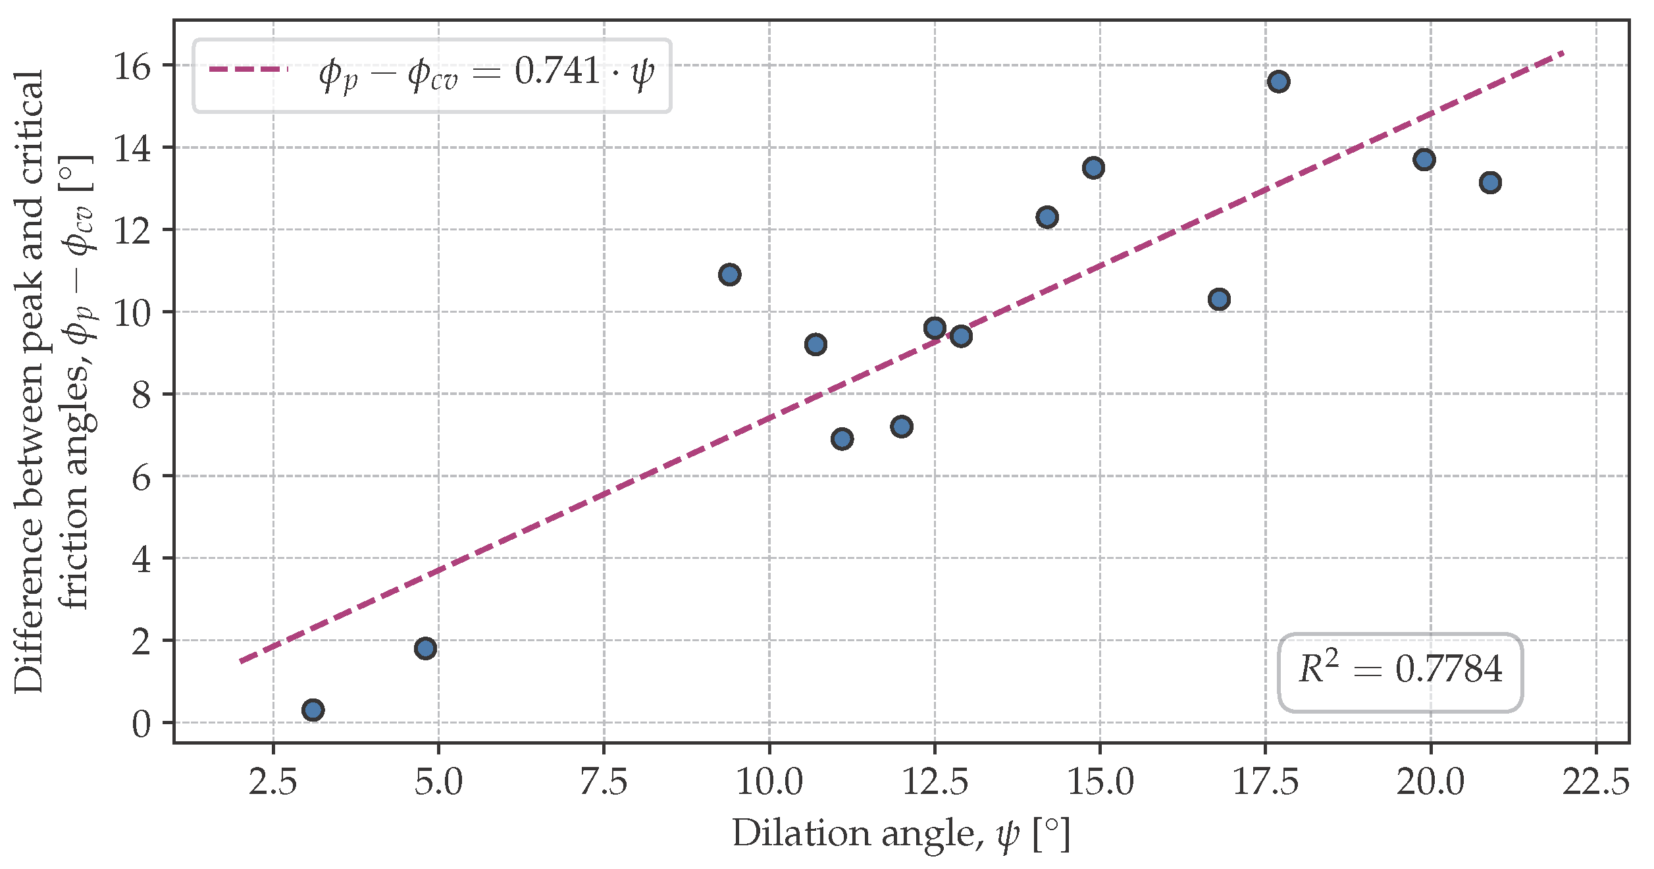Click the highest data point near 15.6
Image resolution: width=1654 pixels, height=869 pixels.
[x=1278, y=82]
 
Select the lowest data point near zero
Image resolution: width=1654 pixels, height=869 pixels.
[x=313, y=710]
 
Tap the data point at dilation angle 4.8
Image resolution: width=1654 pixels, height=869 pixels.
[x=425, y=648]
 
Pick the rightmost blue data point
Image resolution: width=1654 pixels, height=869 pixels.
[x=1490, y=182]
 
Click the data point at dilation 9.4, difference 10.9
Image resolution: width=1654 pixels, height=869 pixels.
[x=729, y=275]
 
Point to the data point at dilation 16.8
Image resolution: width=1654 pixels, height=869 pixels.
[x=1219, y=300]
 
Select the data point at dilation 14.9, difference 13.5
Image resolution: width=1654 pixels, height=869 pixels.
[x=1093, y=168]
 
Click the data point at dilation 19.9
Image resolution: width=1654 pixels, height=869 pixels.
[x=1424, y=159]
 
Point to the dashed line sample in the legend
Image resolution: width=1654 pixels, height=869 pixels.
[x=248, y=69]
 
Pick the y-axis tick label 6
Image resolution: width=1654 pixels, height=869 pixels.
[x=141, y=477]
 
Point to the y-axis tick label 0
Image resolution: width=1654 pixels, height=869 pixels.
[x=141, y=724]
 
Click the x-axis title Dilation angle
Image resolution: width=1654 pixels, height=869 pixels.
[x=900, y=834]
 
